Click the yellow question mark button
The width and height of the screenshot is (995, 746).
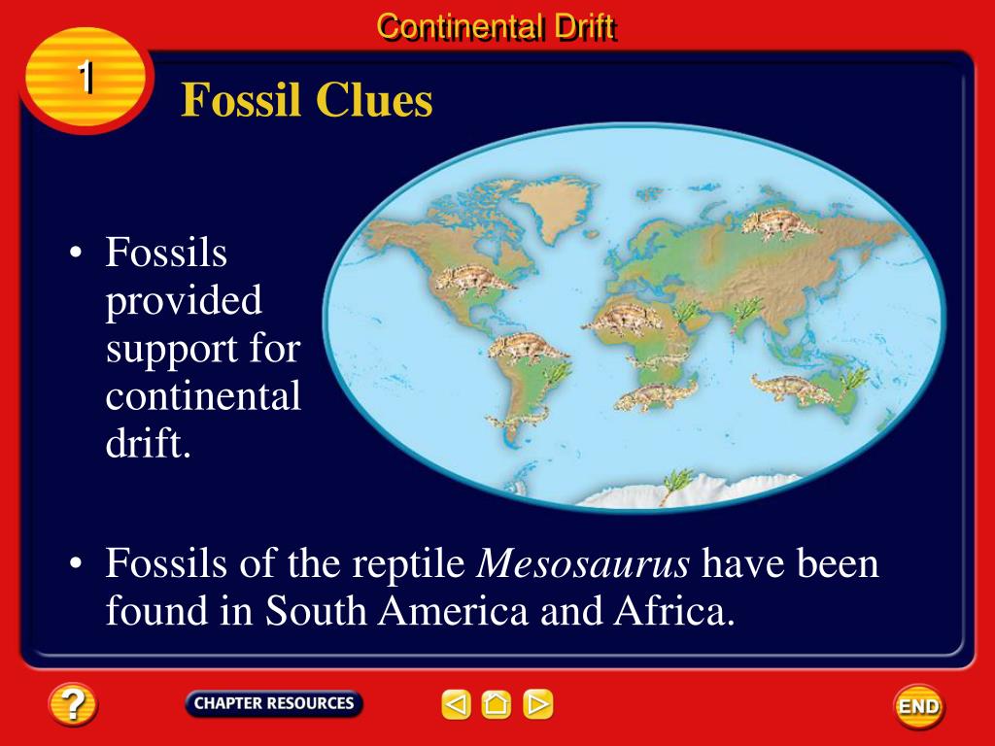pyautogui.click(x=72, y=703)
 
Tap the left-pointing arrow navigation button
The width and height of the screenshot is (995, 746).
pyautogui.click(x=456, y=704)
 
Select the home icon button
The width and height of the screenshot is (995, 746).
pyautogui.click(x=497, y=704)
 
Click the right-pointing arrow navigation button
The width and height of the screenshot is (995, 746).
pyautogui.click(x=538, y=704)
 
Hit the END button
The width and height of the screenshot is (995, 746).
pyautogui.click(x=919, y=705)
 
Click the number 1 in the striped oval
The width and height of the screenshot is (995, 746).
pyautogui.click(x=86, y=78)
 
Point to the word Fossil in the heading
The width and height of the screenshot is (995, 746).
pyautogui.click(x=241, y=100)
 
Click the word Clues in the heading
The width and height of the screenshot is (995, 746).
pyautogui.click(x=374, y=100)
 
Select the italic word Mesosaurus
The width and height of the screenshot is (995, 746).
pyautogui.click(x=583, y=562)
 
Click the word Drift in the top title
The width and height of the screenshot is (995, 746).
pyautogui.click(x=584, y=27)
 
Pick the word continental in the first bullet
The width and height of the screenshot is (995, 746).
pyautogui.click(x=203, y=396)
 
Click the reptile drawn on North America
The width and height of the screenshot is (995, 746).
pyautogui.click(x=474, y=280)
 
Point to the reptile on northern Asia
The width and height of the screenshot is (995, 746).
pyautogui.click(x=780, y=224)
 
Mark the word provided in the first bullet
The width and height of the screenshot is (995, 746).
pyautogui.click(x=184, y=301)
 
